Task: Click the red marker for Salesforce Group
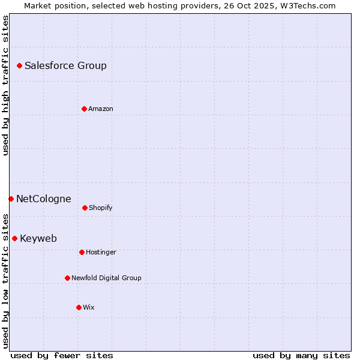20,65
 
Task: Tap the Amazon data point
85,109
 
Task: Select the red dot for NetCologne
11,199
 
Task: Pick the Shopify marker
85,208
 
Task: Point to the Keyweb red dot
15,238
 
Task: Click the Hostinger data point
82,252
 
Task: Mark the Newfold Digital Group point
68,278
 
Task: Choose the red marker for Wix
79,307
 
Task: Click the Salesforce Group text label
65,65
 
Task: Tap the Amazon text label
101,109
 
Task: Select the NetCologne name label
43,199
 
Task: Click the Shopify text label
101,208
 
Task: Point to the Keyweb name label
38,238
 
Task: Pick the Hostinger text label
101,252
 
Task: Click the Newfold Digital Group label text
106,278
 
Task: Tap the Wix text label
89,307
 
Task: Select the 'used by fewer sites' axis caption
62,355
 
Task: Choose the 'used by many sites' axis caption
301,355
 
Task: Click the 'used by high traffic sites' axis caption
5,85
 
